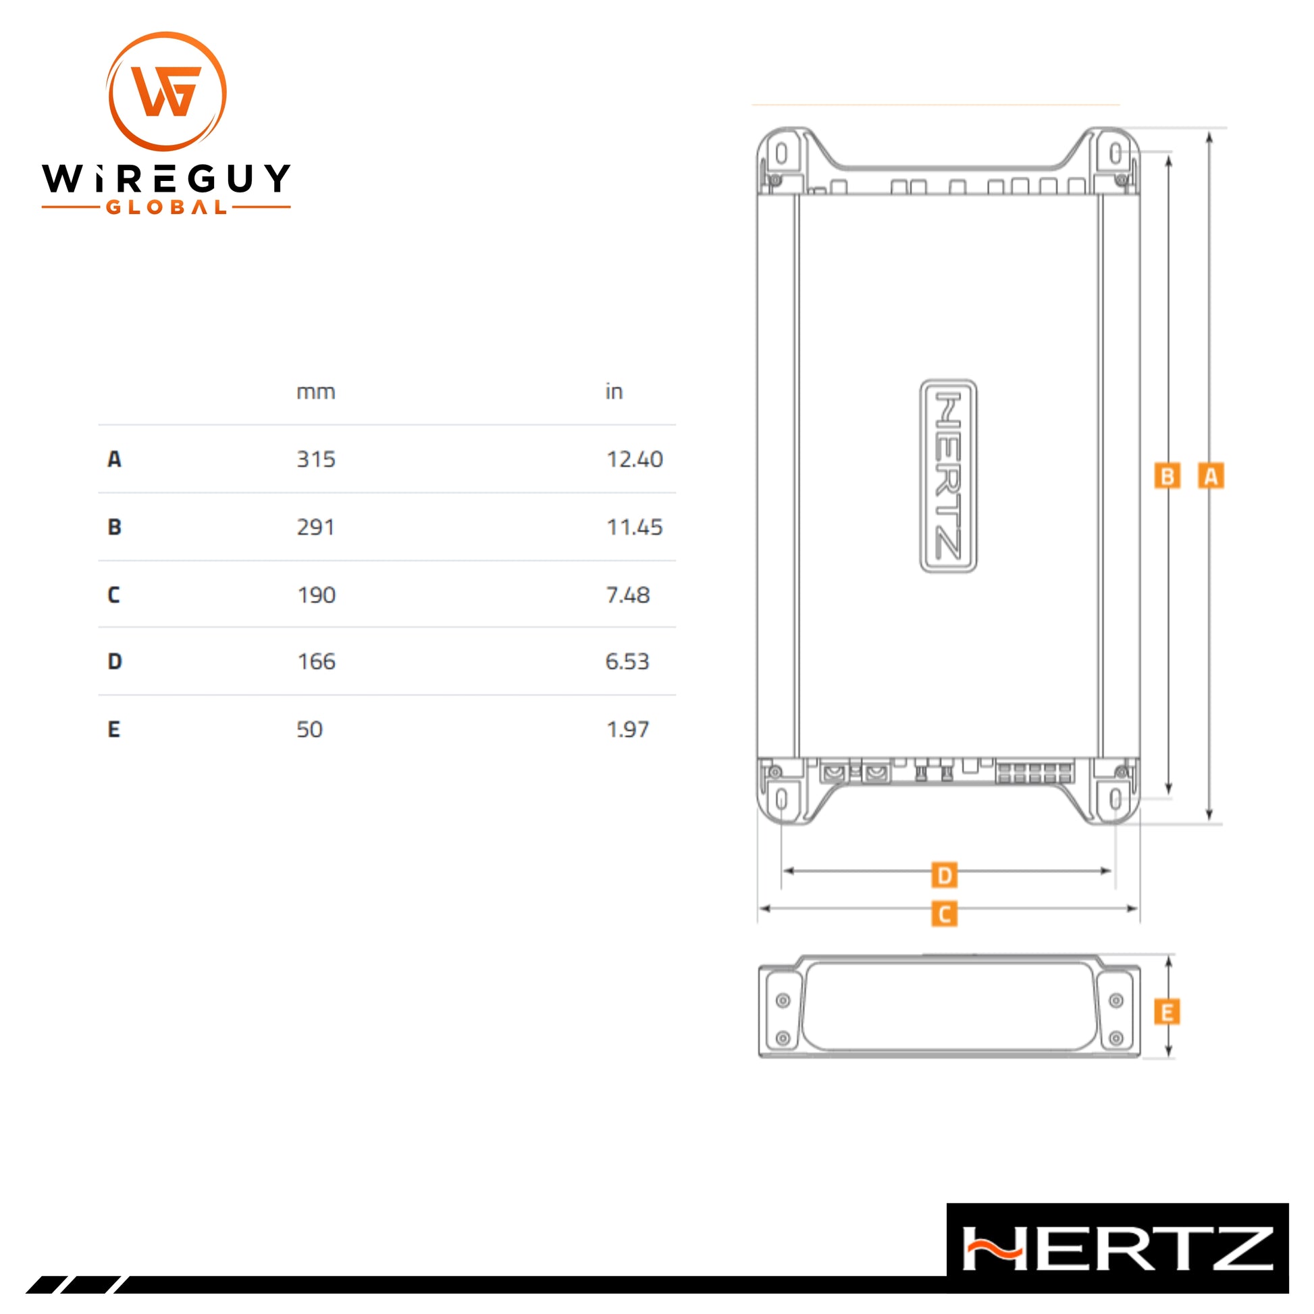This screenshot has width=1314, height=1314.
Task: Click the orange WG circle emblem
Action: pos(167,91)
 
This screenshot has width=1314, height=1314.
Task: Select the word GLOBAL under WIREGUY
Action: pos(167,207)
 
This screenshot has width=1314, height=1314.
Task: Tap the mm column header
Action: pos(315,392)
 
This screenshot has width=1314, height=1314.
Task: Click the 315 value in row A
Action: pos(315,459)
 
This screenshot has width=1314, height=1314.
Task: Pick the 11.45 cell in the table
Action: pos(635,527)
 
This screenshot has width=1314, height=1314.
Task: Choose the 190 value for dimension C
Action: pos(316,595)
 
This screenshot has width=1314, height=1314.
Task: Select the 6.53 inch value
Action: pos(627,661)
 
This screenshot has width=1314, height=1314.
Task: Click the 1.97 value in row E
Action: pos(628,729)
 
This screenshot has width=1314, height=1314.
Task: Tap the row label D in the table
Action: pos(115,661)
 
